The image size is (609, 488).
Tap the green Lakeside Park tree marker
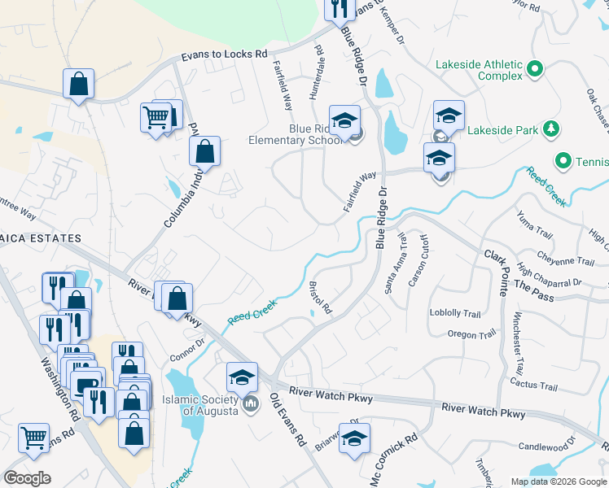[x=552, y=129]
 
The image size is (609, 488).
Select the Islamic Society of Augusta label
[x=199, y=404]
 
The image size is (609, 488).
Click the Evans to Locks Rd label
[x=224, y=54]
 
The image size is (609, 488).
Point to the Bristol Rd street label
[x=321, y=298]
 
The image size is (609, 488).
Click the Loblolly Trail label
[x=455, y=313]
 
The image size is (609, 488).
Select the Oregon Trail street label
[x=471, y=334]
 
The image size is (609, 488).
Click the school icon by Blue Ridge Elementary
[x=344, y=119]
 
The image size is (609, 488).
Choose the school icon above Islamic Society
[x=242, y=377]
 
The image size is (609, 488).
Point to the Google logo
[x=28, y=477]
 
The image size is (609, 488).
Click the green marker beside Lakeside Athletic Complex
[x=536, y=69]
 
